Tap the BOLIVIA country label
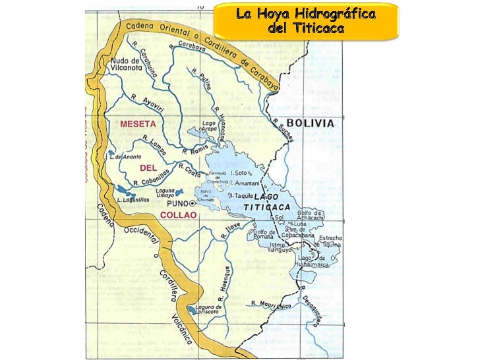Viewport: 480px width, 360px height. coord(313,123)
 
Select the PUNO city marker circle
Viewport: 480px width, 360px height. coord(193,204)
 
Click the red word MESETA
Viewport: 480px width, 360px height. coord(138,123)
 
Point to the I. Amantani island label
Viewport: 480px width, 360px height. coord(245,182)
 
